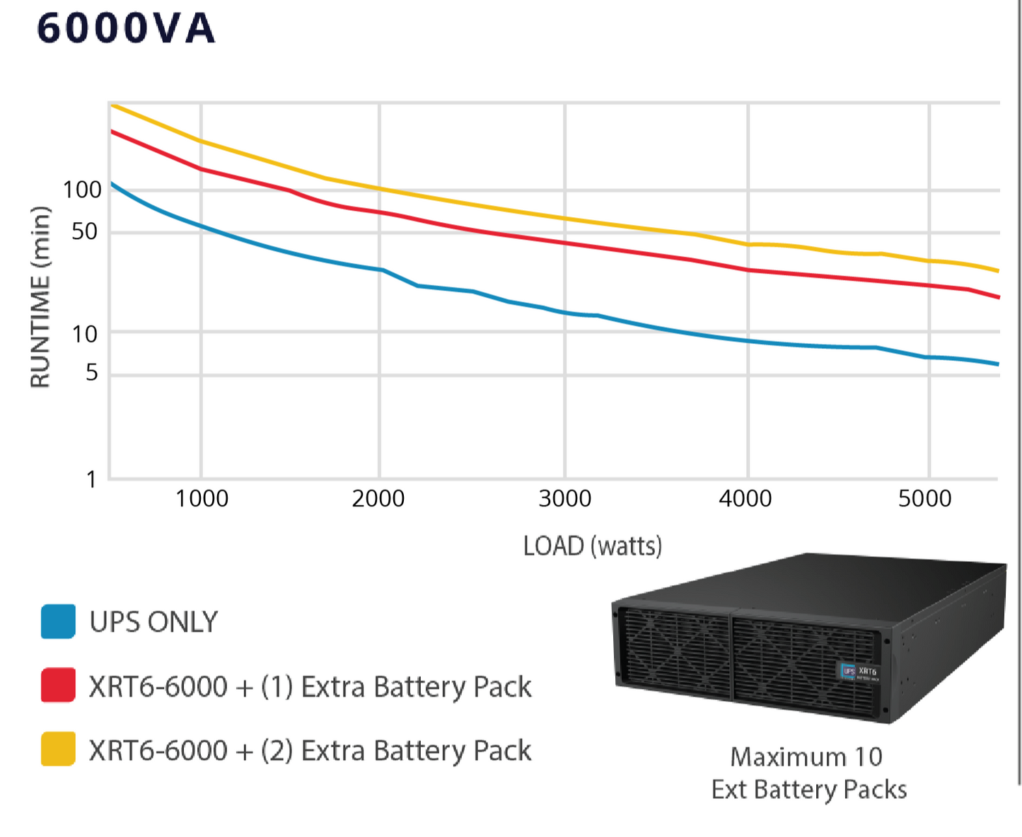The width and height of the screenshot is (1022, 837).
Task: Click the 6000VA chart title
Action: point(125,29)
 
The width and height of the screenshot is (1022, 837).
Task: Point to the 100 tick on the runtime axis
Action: point(82,190)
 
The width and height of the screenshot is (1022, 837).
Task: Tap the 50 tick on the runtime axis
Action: point(84,231)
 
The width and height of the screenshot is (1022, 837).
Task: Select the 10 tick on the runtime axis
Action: point(84,333)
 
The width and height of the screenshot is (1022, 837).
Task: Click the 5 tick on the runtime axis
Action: point(91,372)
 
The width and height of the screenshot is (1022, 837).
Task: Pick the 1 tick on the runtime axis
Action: point(91,480)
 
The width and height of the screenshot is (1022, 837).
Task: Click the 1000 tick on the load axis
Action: point(202,499)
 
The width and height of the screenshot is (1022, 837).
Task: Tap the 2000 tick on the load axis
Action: point(378,499)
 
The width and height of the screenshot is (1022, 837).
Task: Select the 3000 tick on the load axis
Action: point(564,499)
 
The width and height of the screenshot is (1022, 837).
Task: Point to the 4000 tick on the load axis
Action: point(745,499)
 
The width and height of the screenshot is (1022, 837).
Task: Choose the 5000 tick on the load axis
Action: point(925,499)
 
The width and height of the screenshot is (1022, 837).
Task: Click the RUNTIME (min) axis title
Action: point(40,297)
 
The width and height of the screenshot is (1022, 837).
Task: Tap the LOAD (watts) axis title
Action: point(593,546)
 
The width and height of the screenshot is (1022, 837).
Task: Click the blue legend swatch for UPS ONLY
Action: point(58,622)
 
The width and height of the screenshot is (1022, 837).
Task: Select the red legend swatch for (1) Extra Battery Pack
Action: point(58,685)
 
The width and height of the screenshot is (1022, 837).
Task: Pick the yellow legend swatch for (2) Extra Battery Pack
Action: point(58,749)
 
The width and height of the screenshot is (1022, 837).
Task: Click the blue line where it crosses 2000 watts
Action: point(380,270)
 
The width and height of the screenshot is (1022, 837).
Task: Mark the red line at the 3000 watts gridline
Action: point(565,243)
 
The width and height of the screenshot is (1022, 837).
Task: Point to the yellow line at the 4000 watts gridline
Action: point(748,244)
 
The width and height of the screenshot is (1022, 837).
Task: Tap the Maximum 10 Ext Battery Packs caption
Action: point(808,773)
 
